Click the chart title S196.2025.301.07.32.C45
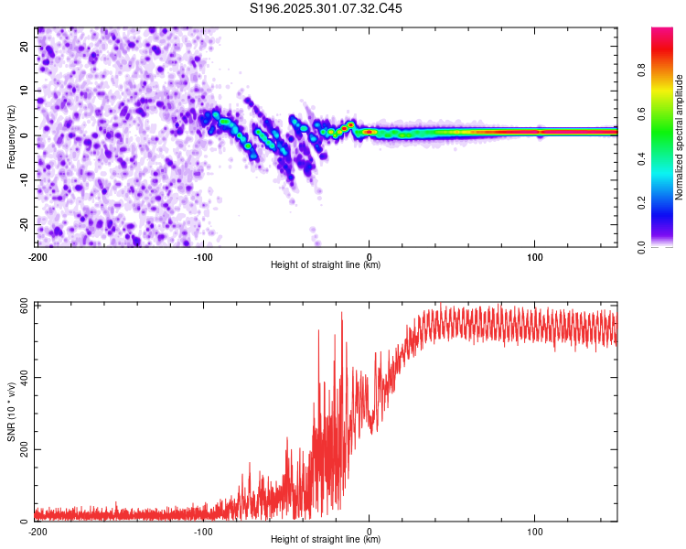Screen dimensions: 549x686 pos(327,8)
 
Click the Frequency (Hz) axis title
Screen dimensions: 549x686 pos(11,135)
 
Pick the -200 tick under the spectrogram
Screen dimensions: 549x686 pos(38,256)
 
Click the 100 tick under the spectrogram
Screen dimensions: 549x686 pos(535,256)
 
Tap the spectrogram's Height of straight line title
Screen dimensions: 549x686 pos(326,265)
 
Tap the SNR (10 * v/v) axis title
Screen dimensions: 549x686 pos(11,413)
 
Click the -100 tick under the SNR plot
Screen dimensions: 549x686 pos(203,531)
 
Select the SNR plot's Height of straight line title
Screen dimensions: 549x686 pos(326,540)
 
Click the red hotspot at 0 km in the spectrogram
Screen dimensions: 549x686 pos(369,132)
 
